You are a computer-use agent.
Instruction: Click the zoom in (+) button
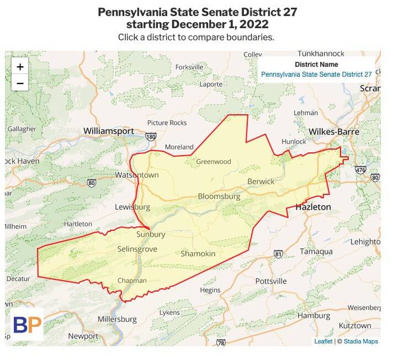(20, 67)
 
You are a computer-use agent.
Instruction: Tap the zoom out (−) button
(20, 83)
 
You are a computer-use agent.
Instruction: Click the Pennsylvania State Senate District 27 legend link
(316, 74)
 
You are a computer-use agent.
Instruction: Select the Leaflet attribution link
(323, 341)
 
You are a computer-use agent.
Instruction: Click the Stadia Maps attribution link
(360, 341)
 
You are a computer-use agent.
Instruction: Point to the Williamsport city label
(109, 131)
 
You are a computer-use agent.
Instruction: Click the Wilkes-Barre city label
(334, 132)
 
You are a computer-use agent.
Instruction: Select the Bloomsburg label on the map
(219, 197)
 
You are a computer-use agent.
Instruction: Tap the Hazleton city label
(313, 207)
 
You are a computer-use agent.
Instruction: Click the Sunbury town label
(151, 234)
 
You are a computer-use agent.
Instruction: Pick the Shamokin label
(198, 253)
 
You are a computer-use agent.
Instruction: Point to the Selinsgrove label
(137, 249)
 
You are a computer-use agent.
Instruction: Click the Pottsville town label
(271, 281)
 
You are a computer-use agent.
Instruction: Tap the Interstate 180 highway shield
(151, 136)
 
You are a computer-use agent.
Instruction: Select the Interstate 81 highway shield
(278, 254)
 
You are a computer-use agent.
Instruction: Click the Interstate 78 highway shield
(221, 343)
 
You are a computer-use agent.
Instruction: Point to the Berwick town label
(261, 181)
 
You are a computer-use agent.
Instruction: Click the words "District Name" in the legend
(316, 65)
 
